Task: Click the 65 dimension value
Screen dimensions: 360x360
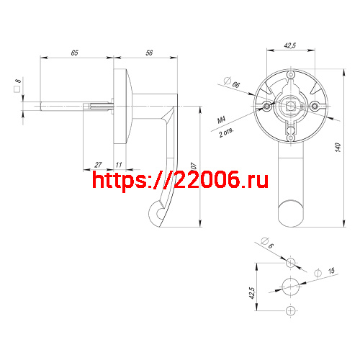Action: pos(74,53)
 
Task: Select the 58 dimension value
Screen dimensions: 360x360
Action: pos(149,53)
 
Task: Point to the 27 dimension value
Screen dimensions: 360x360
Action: pos(98,165)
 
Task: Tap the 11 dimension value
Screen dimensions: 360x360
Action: pos(117,165)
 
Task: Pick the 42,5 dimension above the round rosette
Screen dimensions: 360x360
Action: pos(290,45)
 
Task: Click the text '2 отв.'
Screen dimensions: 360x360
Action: pos(225,132)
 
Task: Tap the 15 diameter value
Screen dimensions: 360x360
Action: pos(330,271)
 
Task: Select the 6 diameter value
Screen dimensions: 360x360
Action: pos(269,244)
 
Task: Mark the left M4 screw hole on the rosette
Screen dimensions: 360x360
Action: pos(268,106)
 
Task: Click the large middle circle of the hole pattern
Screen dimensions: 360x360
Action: pos(290,284)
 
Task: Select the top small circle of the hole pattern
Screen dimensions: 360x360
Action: pos(290,260)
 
